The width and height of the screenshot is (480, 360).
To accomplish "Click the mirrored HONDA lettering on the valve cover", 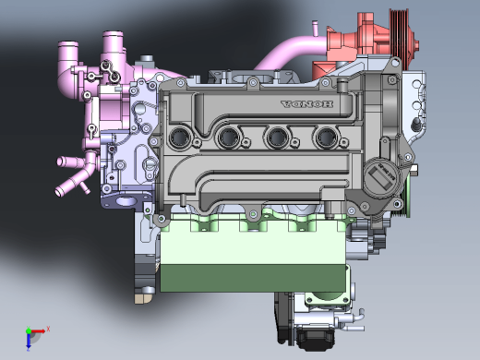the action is (306, 104).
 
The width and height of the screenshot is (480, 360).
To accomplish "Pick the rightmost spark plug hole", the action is (326, 137).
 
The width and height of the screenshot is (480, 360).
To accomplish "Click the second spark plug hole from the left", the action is (229, 137).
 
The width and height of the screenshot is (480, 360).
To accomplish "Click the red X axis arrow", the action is (38, 331).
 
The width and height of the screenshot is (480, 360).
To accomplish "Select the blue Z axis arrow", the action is (29, 341).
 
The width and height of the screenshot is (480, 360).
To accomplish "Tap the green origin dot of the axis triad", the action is (29, 331).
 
